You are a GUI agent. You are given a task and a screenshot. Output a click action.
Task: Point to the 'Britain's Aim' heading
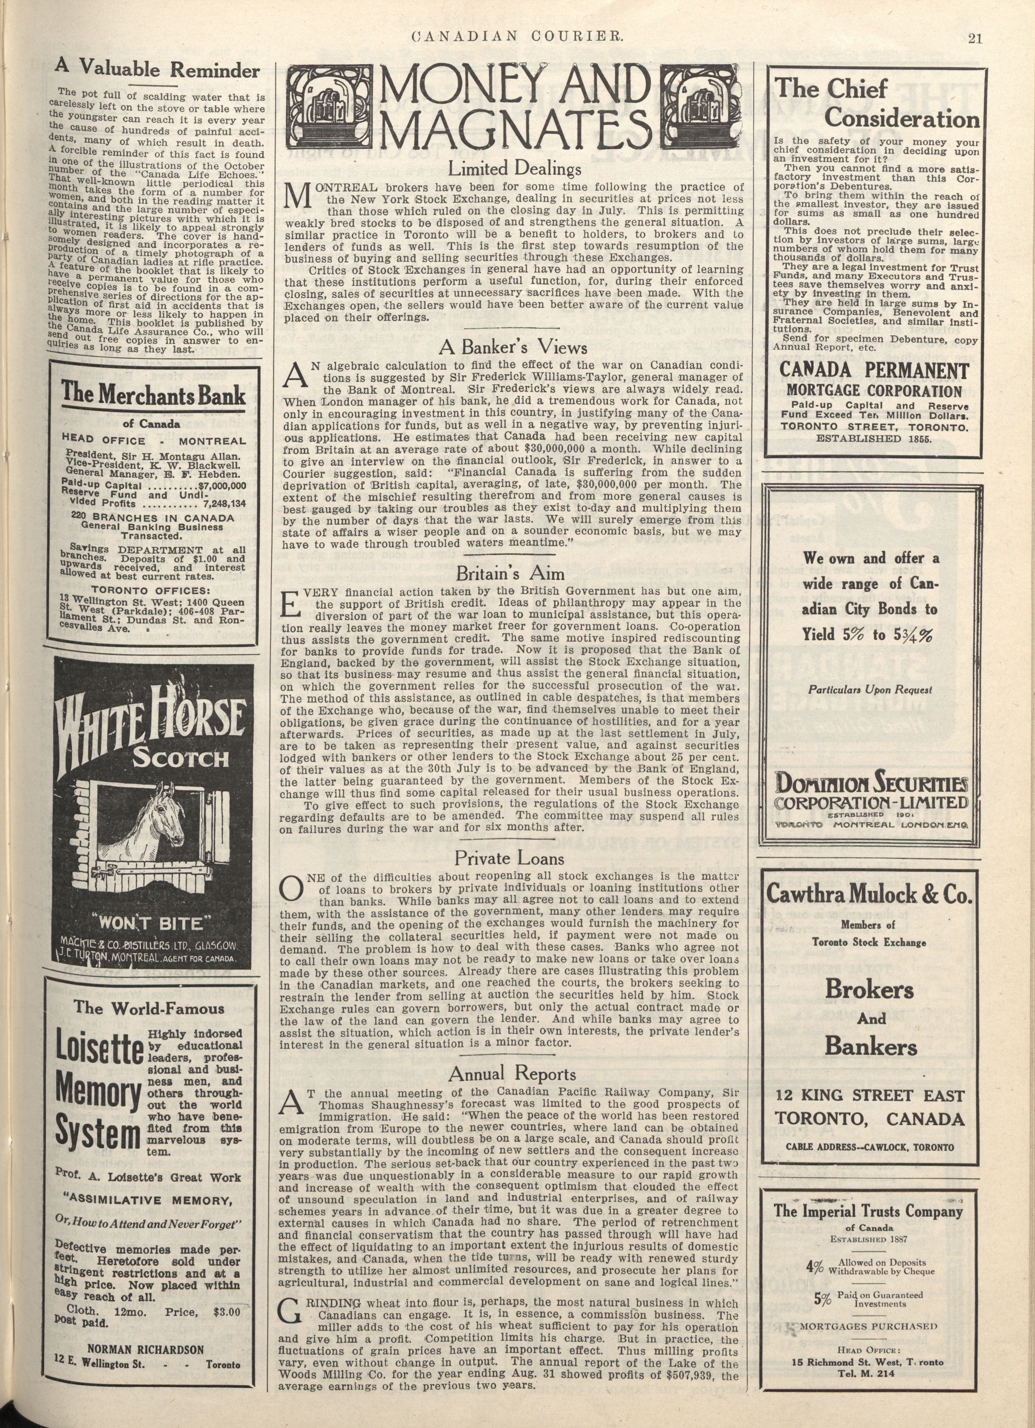tap(510, 574)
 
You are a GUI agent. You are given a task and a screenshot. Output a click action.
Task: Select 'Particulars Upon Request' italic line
tap(870, 689)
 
